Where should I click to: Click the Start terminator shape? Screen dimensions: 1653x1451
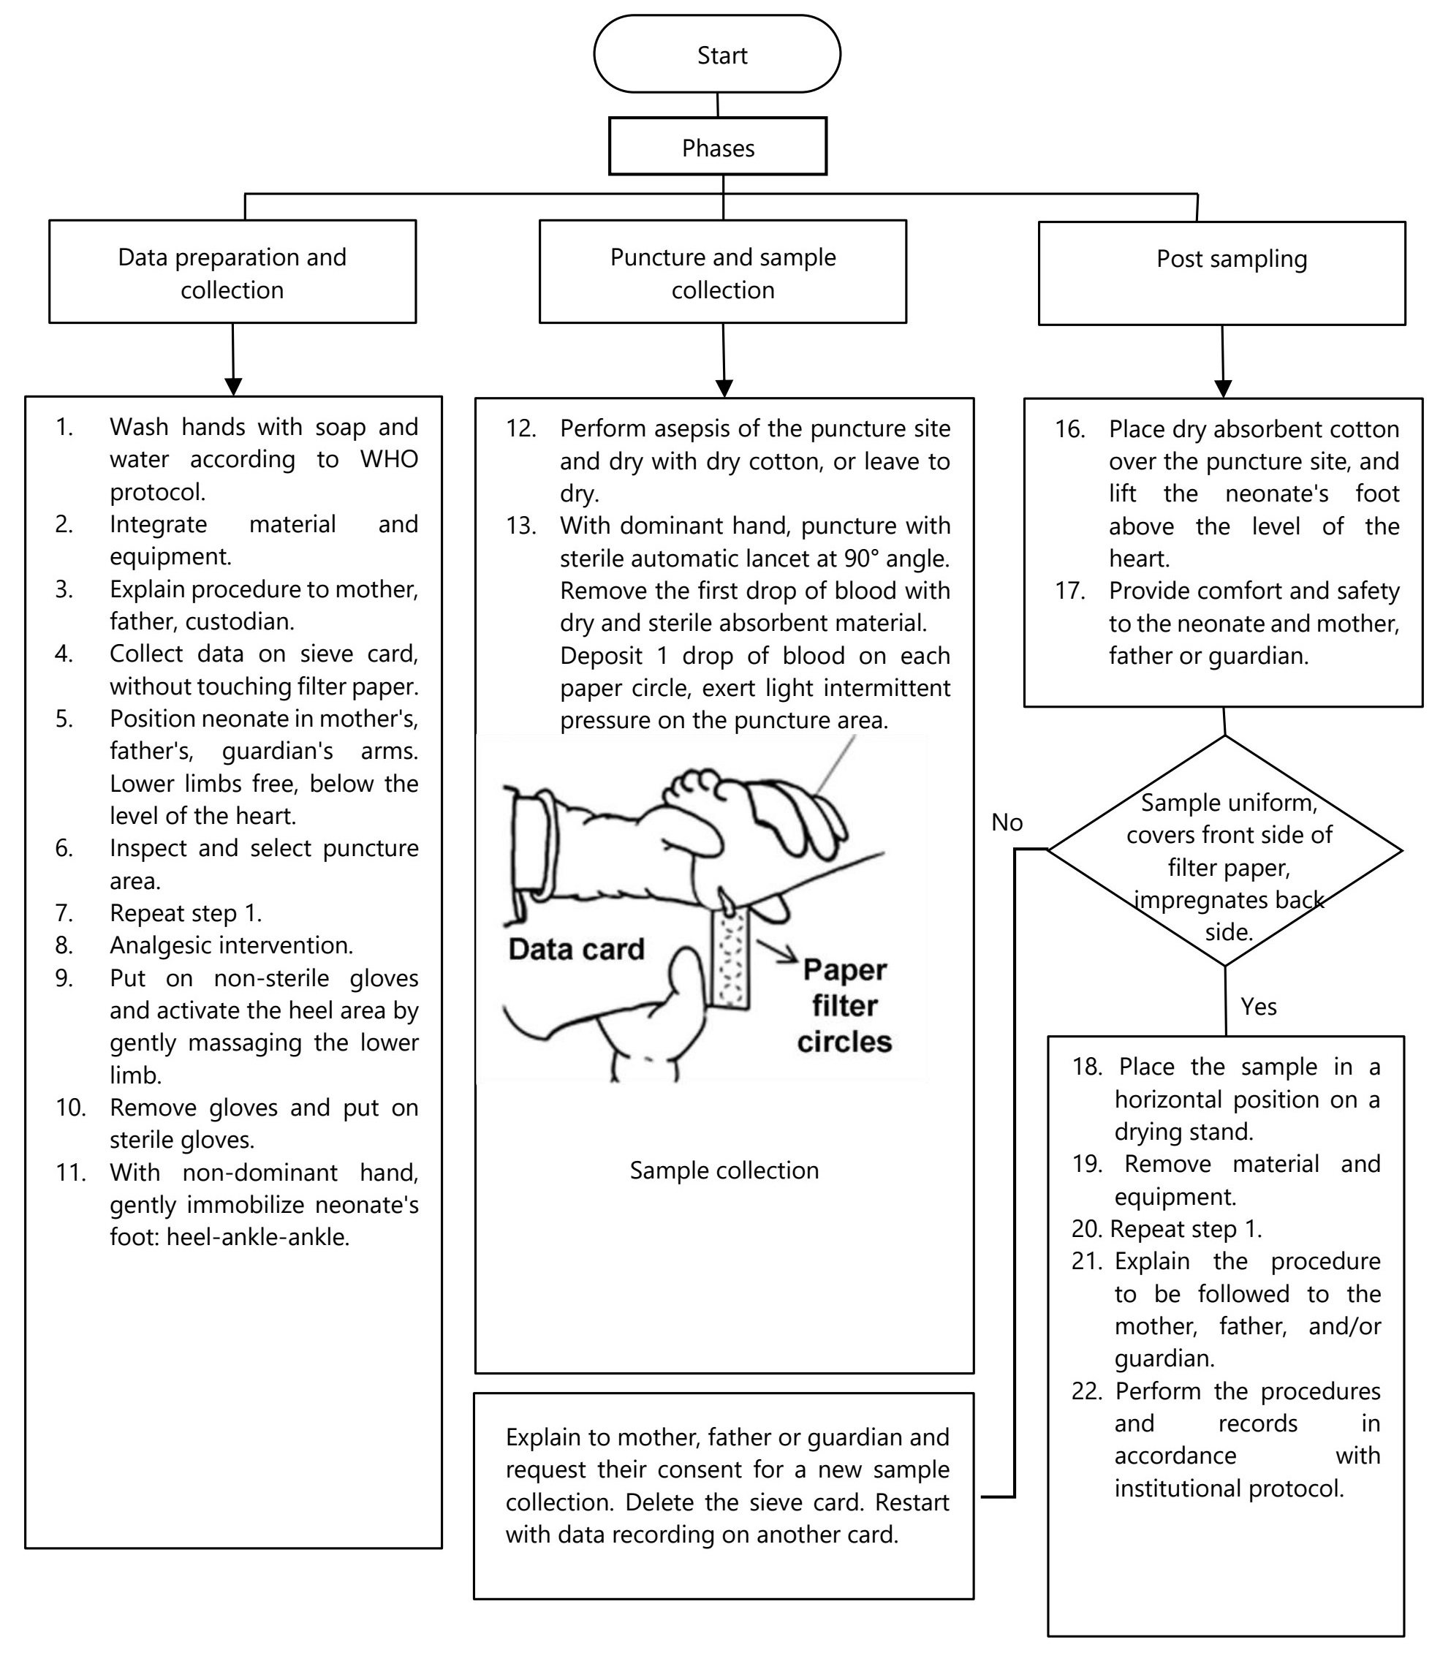[x=716, y=54]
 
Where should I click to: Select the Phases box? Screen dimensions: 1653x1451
[x=717, y=146]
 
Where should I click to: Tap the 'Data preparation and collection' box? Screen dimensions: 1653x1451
[x=232, y=272]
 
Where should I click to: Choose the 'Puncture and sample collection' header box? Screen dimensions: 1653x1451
[x=722, y=272]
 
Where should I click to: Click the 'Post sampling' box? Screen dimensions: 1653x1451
[x=1221, y=273]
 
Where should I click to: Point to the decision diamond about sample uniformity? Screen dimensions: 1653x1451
[x=1224, y=851]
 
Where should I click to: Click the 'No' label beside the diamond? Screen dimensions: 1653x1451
[x=1007, y=822]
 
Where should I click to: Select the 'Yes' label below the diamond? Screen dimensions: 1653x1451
[x=1259, y=1007]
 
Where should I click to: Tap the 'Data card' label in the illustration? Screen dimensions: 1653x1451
[x=576, y=949]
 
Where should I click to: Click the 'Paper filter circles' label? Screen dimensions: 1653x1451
[x=844, y=1005]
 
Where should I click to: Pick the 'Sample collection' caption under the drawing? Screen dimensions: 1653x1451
[x=724, y=1170]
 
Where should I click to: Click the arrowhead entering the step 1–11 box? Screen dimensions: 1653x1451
[x=234, y=387]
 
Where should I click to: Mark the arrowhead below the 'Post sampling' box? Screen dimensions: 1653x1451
[x=1223, y=388]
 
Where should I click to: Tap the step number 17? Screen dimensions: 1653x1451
[x=1069, y=591]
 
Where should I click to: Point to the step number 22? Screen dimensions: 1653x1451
[x=1086, y=1391]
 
